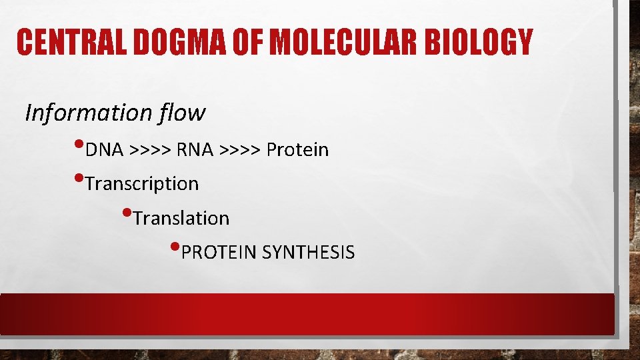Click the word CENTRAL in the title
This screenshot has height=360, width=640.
point(68,43)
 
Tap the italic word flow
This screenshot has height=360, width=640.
point(182,113)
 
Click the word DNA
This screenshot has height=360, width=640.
point(105,150)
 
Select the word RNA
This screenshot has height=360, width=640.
point(195,150)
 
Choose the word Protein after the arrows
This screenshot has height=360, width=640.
point(297,150)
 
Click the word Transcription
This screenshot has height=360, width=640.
point(142,184)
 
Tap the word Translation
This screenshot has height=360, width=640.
point(181,219)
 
